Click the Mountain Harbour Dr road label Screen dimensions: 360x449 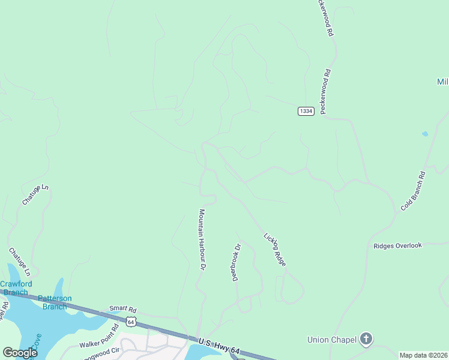click(203, 239)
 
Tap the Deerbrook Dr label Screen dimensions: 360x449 click(237, 262)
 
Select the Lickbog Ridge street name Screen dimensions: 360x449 click(274, 250)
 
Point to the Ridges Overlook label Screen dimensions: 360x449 click(397, 245)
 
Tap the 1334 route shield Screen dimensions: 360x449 click(306, 112)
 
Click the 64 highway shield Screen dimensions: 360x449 click(131, 322)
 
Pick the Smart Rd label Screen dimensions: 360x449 click(122, 309)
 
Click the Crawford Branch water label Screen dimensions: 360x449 click(16, 288)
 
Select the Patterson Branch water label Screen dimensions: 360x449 click(55, 302)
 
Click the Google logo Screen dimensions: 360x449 click(20, 353)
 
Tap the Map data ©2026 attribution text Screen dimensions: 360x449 click(423, 355)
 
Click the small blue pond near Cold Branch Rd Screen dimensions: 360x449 click(425, 134)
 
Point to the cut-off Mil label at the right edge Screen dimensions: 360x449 click(442, 82)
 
